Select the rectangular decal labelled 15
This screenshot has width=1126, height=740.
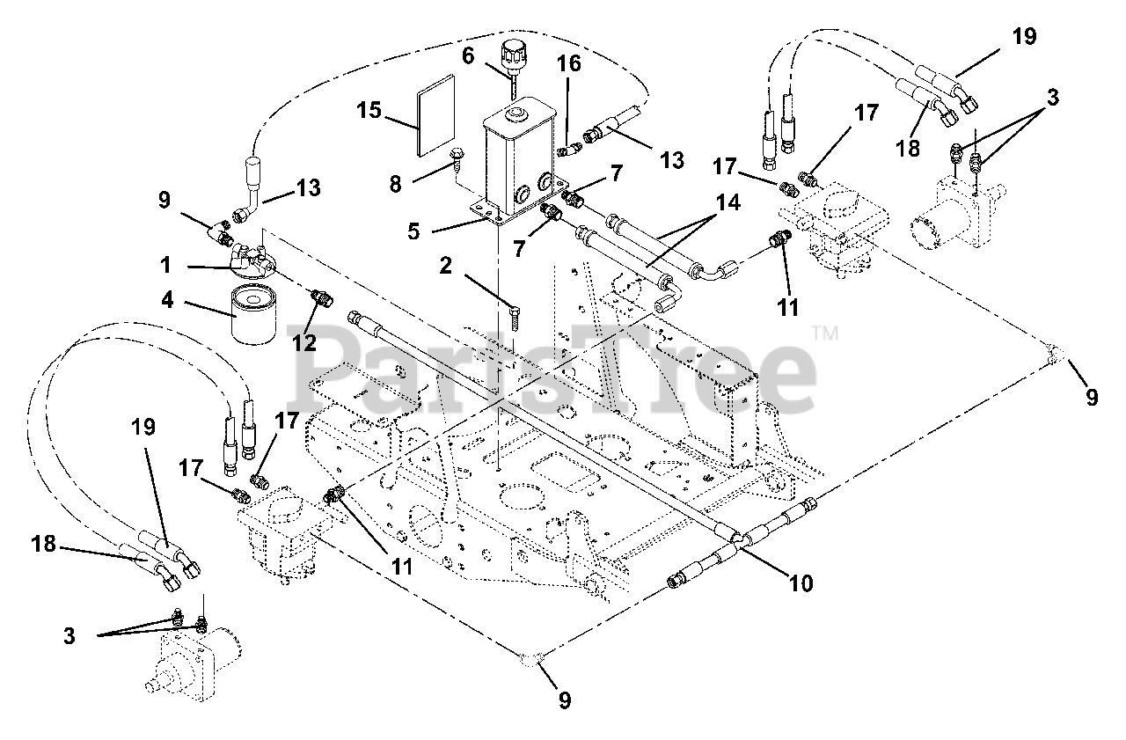436,107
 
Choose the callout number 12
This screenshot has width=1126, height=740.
304,342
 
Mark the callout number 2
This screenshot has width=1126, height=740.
445,266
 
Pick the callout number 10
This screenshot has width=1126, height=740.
801,582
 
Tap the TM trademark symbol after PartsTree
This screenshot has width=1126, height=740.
824,333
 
